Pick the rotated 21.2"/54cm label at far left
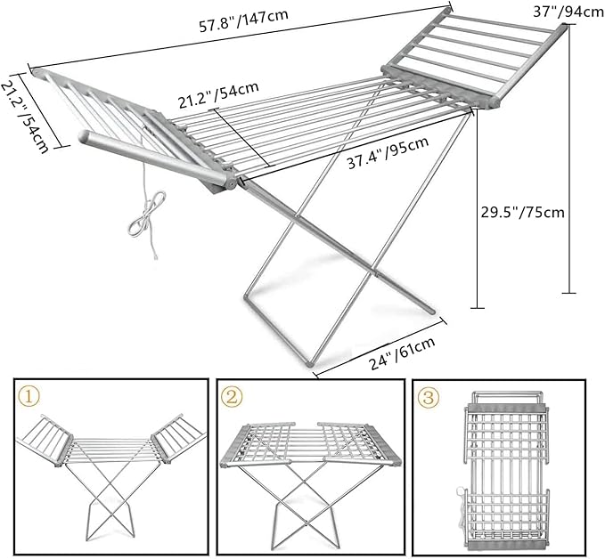point(29,111)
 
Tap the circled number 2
point(231,396)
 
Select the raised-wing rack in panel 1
point(110,472)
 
